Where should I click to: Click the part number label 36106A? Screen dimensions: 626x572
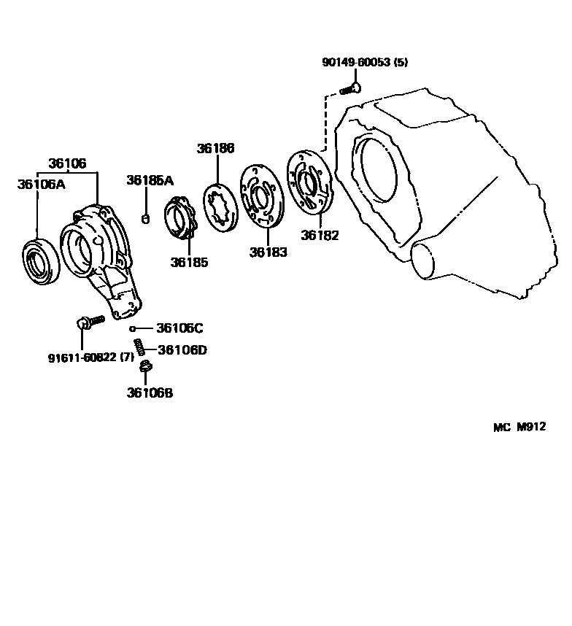point(41,185)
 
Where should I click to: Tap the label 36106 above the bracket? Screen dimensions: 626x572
point(67,163)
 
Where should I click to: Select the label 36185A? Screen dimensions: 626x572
point(150,180)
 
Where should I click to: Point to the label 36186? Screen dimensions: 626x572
point(215,148)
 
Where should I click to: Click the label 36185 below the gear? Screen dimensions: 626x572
point(189,263)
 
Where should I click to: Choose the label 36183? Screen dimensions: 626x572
point(268,252)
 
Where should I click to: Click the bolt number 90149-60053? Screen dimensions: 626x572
point(355,63)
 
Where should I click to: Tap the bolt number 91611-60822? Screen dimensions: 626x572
point(82,358)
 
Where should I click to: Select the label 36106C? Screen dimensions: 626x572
point(179,328)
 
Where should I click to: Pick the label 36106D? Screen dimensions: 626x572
point(182,350)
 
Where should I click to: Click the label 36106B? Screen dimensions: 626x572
point(150,393)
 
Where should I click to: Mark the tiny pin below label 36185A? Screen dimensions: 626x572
point(145,218)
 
